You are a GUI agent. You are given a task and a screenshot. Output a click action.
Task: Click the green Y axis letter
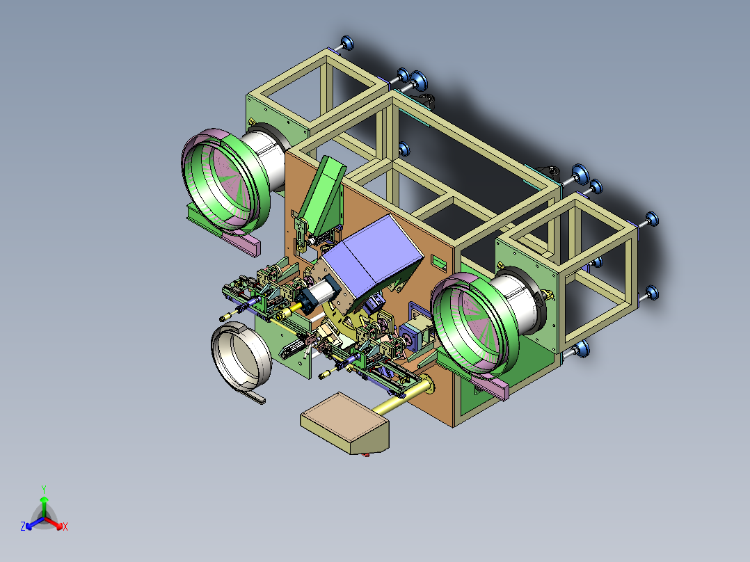[x=44, y=489]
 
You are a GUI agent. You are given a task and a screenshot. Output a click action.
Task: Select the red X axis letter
[x=65, y=527]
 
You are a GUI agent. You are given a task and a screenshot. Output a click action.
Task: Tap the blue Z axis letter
[x=22, y=526]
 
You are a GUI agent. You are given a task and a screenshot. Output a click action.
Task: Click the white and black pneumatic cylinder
[x=318, y=294]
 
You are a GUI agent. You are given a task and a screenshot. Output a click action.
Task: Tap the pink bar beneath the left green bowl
[x=239, y=241]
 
